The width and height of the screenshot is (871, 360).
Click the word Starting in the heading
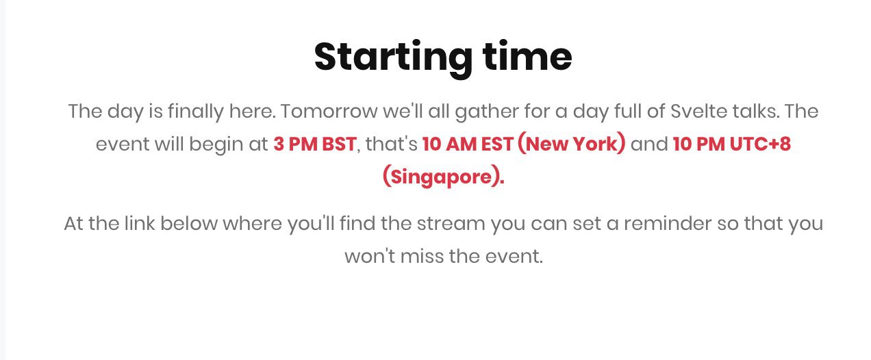(393, 58)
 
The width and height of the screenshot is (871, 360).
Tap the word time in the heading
(527, 56)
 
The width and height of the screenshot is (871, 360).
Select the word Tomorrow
(329, 111)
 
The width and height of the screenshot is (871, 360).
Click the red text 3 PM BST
(314, 144)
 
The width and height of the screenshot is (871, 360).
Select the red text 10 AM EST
(468, 144)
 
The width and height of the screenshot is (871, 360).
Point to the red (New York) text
(572, 144)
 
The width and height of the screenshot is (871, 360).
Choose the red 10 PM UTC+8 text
(732, 144)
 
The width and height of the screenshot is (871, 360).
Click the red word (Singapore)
(443, 177)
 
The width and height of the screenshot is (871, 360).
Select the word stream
(451, 224)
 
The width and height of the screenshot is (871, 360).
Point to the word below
(188, 224)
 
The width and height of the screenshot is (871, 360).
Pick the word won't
(370, 256)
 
